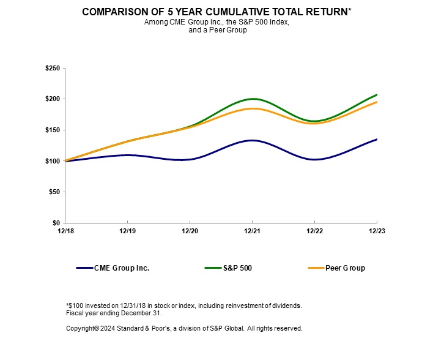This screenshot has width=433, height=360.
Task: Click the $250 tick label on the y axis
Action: click(52, 69)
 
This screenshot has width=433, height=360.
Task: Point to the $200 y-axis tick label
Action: click(52, 99)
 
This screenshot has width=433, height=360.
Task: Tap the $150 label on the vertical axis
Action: click(52, 130)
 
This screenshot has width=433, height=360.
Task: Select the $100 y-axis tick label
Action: click(52, 161)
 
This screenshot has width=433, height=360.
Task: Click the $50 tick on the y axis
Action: click(54, 192)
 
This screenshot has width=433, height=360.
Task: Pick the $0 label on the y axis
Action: click(56, 223)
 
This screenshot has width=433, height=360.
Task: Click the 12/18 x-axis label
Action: click(65, 232)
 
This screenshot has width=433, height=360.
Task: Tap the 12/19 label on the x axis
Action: click(127, 232)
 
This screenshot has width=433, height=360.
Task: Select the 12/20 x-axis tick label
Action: click(190, 232)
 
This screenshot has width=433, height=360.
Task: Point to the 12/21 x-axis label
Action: click(252, 232)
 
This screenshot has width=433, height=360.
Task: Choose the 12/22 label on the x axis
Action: click(314, 232)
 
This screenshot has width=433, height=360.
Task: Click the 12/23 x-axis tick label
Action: click(376, 232)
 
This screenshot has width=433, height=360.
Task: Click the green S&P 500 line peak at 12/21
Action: click(252, 99)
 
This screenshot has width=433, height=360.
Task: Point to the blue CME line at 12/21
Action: click(252, 140)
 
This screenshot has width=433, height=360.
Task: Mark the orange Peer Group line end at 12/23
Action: click(376, 102)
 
